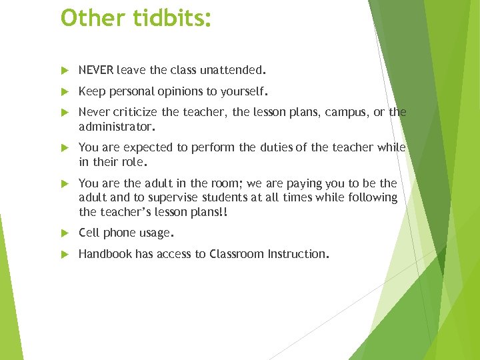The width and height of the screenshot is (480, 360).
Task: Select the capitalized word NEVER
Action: click(96, 69)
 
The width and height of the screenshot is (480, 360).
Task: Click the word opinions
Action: click(178, 91)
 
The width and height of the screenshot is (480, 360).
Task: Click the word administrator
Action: click(115, 125)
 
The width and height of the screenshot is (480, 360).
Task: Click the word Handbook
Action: click(105, 254)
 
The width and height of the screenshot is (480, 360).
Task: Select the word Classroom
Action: click(237, 254)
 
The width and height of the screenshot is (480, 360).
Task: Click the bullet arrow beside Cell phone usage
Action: click(64, 233)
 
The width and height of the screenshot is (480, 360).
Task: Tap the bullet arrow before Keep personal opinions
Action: click(64, 91)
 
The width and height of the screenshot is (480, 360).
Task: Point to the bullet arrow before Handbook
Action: click(64, 255)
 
